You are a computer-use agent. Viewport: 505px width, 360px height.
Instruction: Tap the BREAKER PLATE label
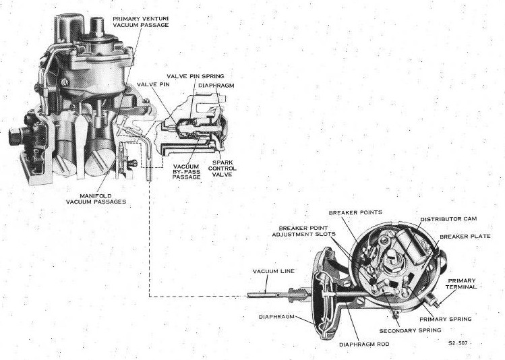click(x=465, y=237)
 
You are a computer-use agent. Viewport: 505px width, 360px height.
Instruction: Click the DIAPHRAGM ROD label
click(x=363, y=344)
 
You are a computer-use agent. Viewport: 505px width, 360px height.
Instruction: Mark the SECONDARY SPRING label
click(x=410, y=330)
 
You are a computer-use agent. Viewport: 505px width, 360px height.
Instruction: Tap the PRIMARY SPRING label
click(x=445, y=318)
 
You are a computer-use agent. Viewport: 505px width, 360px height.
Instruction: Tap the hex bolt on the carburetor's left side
click(x=13, y=134)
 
